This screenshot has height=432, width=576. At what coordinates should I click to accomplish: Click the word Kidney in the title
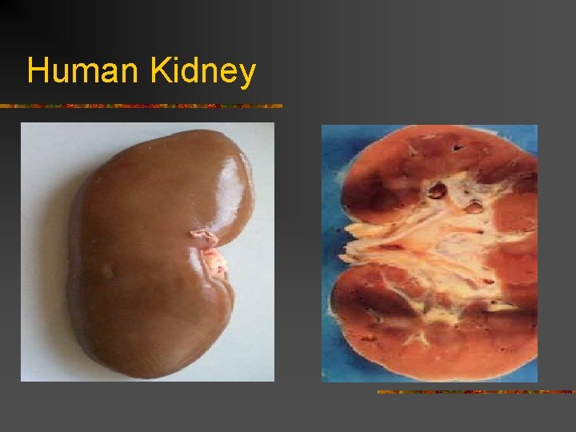[202, 71]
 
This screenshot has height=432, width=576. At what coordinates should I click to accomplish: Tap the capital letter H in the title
[36, 71]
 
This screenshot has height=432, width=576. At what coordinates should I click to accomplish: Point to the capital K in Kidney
[158, 71]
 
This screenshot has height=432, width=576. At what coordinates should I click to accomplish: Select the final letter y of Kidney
[246, 74]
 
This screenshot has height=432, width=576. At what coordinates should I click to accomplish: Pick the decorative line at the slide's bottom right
[476, 392]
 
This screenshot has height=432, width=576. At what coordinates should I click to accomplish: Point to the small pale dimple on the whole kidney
[106, 270]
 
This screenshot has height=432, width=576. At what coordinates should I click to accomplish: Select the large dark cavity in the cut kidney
[438, 190]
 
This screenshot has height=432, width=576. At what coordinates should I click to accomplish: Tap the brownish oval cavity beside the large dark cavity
[473, 207]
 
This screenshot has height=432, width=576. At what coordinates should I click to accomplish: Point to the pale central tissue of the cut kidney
[432, 240]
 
